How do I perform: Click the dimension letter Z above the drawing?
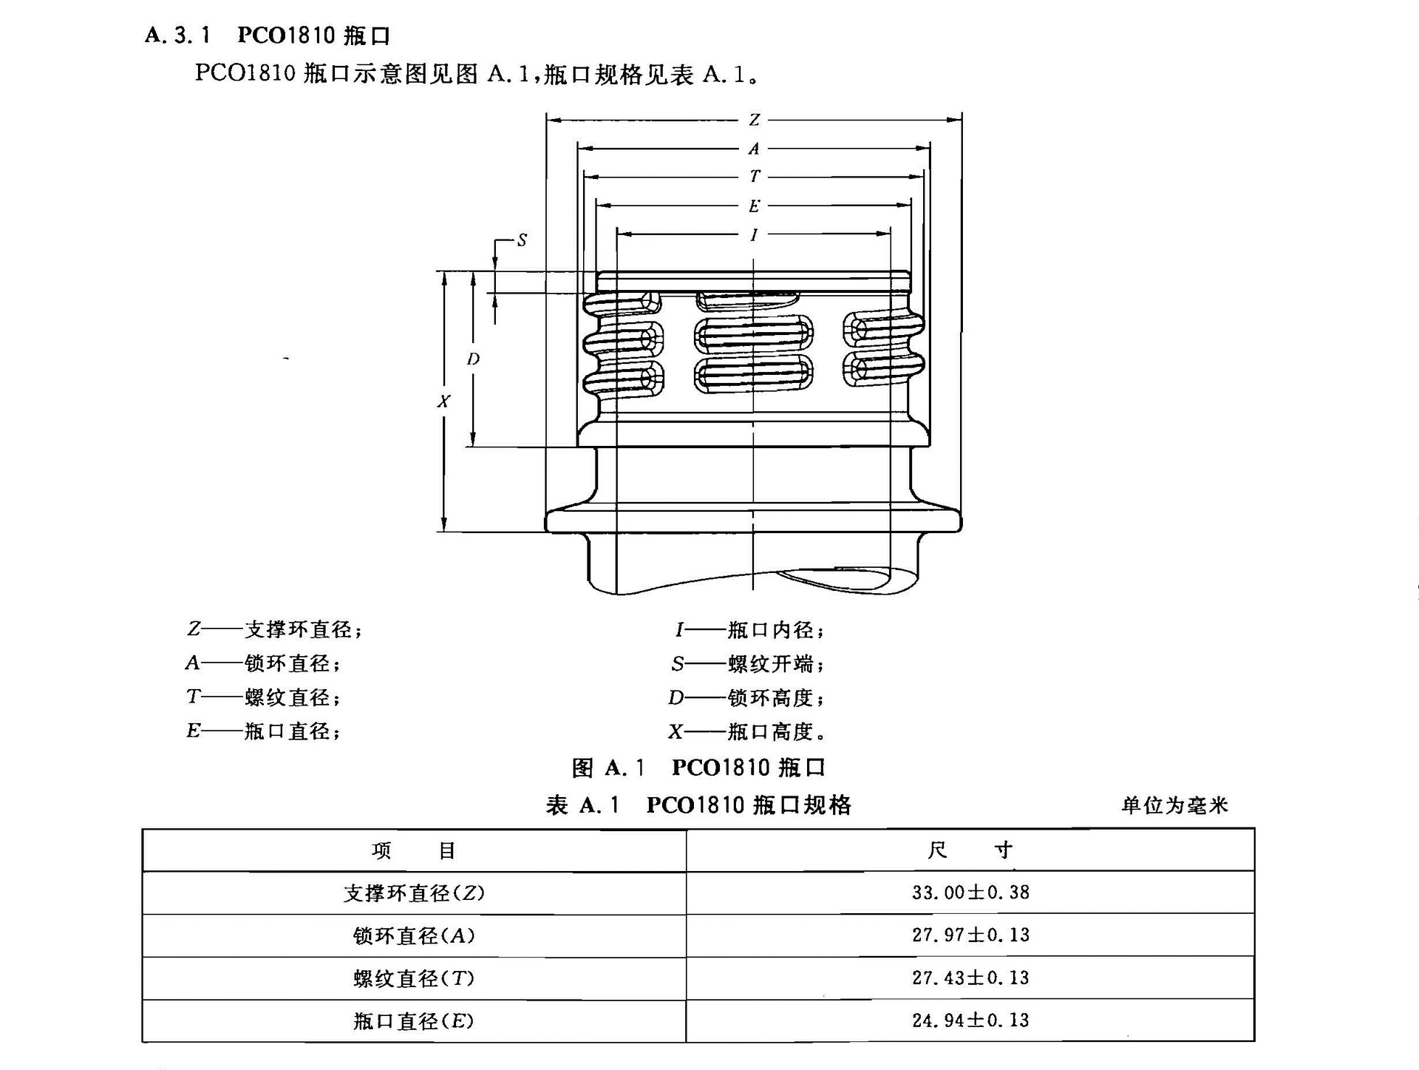pyautogui.click(x=754, y=120)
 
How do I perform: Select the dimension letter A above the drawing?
pyautogui.click(x=754, y=149)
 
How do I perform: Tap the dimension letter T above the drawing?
pyautogui.click(x=754, y=177)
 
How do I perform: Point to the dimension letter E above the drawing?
pyautogui.click(x=754, y=206)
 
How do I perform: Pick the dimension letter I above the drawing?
pyautogui.click(x=754, y=235)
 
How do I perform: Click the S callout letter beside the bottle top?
pyautogui.click(x=522, y=240)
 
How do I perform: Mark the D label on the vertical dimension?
pyautogui.click(x=473, y=359)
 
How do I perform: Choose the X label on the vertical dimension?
pyautogui.click(x=443, y=402)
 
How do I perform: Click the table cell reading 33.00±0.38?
pyautogui.click(x=970, y=893)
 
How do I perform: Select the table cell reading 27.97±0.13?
pyautogui.click(x=970, y=935)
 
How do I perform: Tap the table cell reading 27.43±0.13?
pyautogui.click(x=970, y=978)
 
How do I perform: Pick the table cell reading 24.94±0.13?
pyautogui.click(x=970, y=1021)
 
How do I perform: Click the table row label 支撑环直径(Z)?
pyautogui.click(x=414, y=893)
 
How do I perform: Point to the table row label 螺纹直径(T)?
pyautogui.click(x=414, y=979)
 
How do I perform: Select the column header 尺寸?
pyautogui.click(x=970, y=850)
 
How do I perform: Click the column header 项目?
pyautogui.click(x=414, y=851)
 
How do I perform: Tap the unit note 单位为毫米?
pyautogui.click(x=1174, y=805)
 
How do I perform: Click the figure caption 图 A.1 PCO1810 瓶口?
pyautogui.click(x=698, y=768)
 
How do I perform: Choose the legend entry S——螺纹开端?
pyautogui.click(x=747, y=664)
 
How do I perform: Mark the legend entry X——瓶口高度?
pyautogui.click(x=747, y=732)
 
